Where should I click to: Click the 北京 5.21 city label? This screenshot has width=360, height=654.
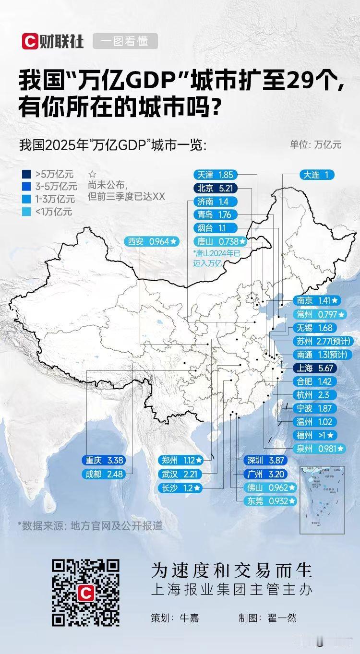pos(215,189)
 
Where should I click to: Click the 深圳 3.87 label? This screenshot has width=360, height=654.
pos(266,460)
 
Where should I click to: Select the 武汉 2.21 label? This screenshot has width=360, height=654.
pos(182,474)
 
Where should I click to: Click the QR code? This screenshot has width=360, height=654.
pos(85,593)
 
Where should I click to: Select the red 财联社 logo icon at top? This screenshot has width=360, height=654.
pos(29,42)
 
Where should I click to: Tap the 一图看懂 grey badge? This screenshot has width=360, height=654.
pos(125,42)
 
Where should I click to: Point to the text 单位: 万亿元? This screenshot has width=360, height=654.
pos(315,144)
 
